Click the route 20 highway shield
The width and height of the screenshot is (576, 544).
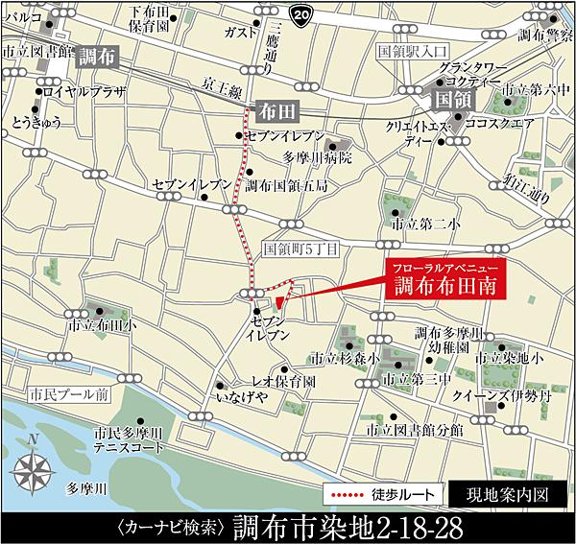click(x=302, y=14)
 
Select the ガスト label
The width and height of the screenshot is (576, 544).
click(x=233, y=32)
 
